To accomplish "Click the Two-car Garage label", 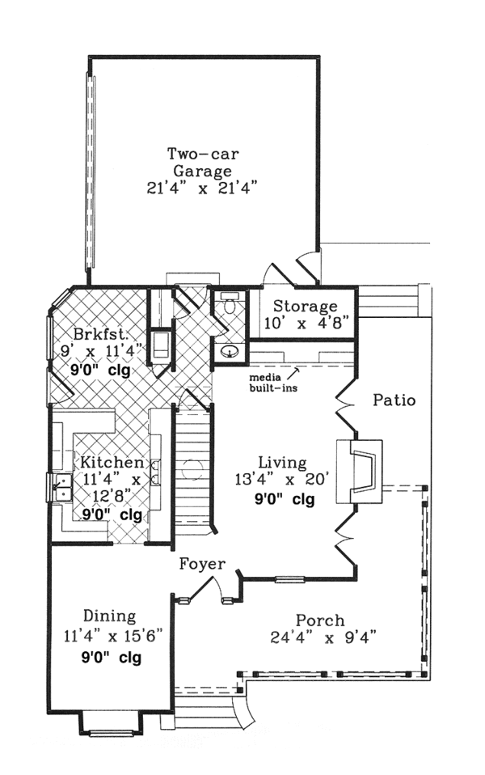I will tap(202, 162).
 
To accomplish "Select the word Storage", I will tap(305, 307).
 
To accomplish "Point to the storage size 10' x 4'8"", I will tap(305, 323).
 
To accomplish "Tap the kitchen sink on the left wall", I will tap(61, 486).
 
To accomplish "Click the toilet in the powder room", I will tap(229, 305).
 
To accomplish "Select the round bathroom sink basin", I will tap(229, 351).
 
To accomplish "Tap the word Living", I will tap(282, 463).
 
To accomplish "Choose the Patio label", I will tap(394, 400).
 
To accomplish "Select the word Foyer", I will tap(201, 564).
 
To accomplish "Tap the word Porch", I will tap(319, 620).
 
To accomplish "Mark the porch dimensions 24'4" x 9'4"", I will tap(323, 637).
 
